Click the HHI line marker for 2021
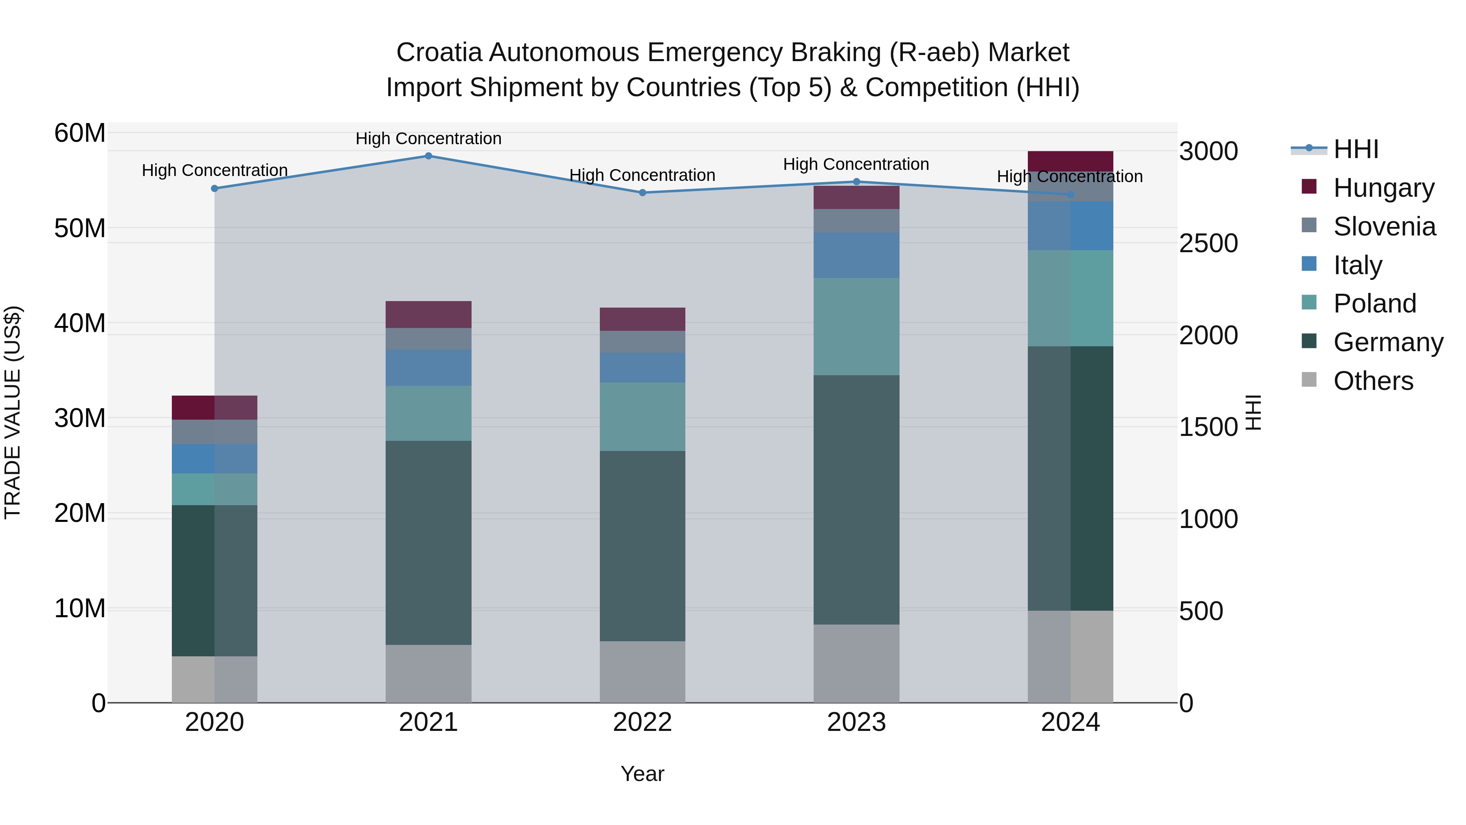point(428,156)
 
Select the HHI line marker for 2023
point(856,182)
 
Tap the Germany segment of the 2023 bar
point(856,499)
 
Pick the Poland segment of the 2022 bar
point(643,417)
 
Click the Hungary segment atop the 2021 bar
point(428,314)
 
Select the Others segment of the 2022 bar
point(643,672)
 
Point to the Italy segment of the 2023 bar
point(856,255)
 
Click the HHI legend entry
point(1355,149)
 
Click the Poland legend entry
point(1374,304)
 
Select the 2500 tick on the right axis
point(1208,243)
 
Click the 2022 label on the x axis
point(643,722)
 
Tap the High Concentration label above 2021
point(428,139)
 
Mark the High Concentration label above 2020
point(215,170)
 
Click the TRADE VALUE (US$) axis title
point(13,412)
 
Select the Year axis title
point(643,774)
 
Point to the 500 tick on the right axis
point(1201,611)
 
